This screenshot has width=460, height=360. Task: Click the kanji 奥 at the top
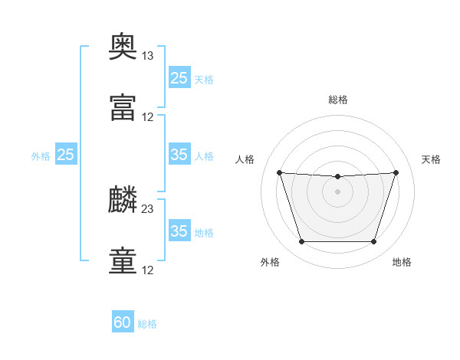[x=123, y=47]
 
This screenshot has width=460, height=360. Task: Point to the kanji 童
[x=123, y=261]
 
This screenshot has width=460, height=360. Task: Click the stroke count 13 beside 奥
[x=147, y=56]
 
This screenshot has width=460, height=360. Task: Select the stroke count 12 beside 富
[x=148, y=117]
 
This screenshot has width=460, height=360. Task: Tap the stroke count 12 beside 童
[x=148, y=270]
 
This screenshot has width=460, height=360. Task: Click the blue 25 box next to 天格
[x=179, y=77]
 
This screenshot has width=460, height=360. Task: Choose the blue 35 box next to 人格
[x=179, y=155]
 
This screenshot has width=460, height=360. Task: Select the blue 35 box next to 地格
[x=179, y=231]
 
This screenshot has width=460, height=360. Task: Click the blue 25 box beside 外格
[x=66, y=155]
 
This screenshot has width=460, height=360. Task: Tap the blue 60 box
[x=123, y=322]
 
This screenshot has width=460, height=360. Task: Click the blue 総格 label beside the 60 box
[x=147, y=324]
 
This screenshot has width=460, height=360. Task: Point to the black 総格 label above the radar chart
[x=338, y=100]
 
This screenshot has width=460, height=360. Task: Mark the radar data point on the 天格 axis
[x=396, y=172]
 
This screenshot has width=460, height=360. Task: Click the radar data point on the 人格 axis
[x=279, y=172]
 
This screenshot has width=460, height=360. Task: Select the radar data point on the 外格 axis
[x=301, y=242]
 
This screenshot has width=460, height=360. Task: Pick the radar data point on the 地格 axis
[x=374, y=242]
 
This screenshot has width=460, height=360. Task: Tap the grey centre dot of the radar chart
[x=337, y=191]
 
